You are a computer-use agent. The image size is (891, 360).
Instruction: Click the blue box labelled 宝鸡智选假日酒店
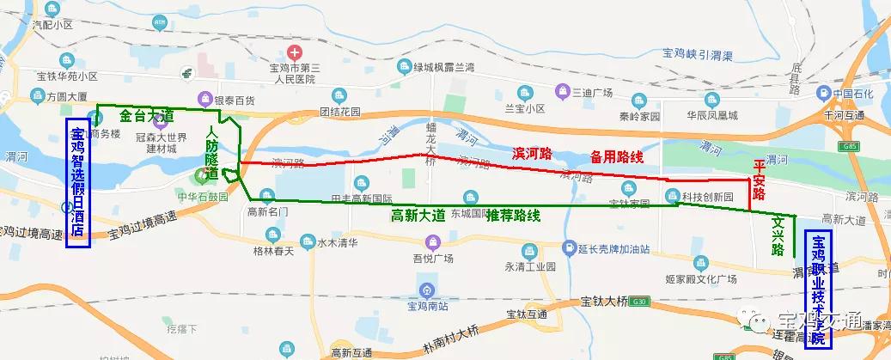78,183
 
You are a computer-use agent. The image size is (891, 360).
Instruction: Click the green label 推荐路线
513,217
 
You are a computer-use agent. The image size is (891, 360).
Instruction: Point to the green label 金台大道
148,114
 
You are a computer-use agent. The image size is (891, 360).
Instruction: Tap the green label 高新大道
418,217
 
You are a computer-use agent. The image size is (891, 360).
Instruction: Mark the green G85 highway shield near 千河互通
851,147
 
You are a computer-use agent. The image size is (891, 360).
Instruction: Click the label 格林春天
273,251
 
